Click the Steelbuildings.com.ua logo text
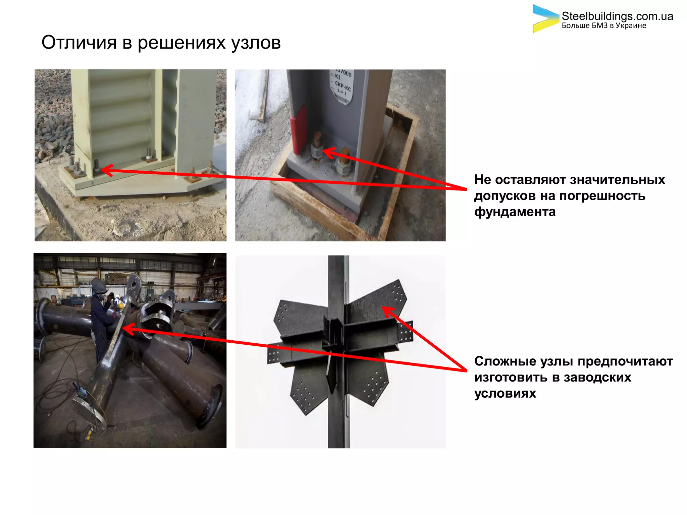pos(617,16)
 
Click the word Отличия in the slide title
pos(79,43)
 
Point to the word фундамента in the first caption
pos(515,212)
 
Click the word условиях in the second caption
pos(505,394)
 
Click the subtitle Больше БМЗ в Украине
pos(604,26)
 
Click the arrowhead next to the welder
pos(127,329)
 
